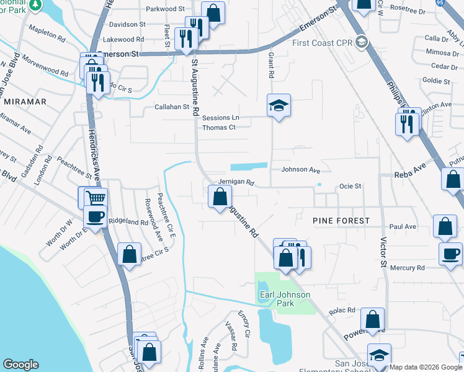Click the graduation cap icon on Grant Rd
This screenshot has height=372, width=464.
[x=279, y=105]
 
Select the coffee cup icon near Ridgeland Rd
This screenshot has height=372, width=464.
[x=94, y=217]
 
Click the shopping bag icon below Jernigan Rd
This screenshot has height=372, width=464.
[x=220, y=198]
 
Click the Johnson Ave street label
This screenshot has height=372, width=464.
[x=300, y=169]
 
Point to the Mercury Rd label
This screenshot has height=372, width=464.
[x=407, y=268]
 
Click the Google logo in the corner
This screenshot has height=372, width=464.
[x=20, y=365]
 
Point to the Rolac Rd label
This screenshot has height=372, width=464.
[x=342, y=310]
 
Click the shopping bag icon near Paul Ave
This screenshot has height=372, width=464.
[x=445, y=228]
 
